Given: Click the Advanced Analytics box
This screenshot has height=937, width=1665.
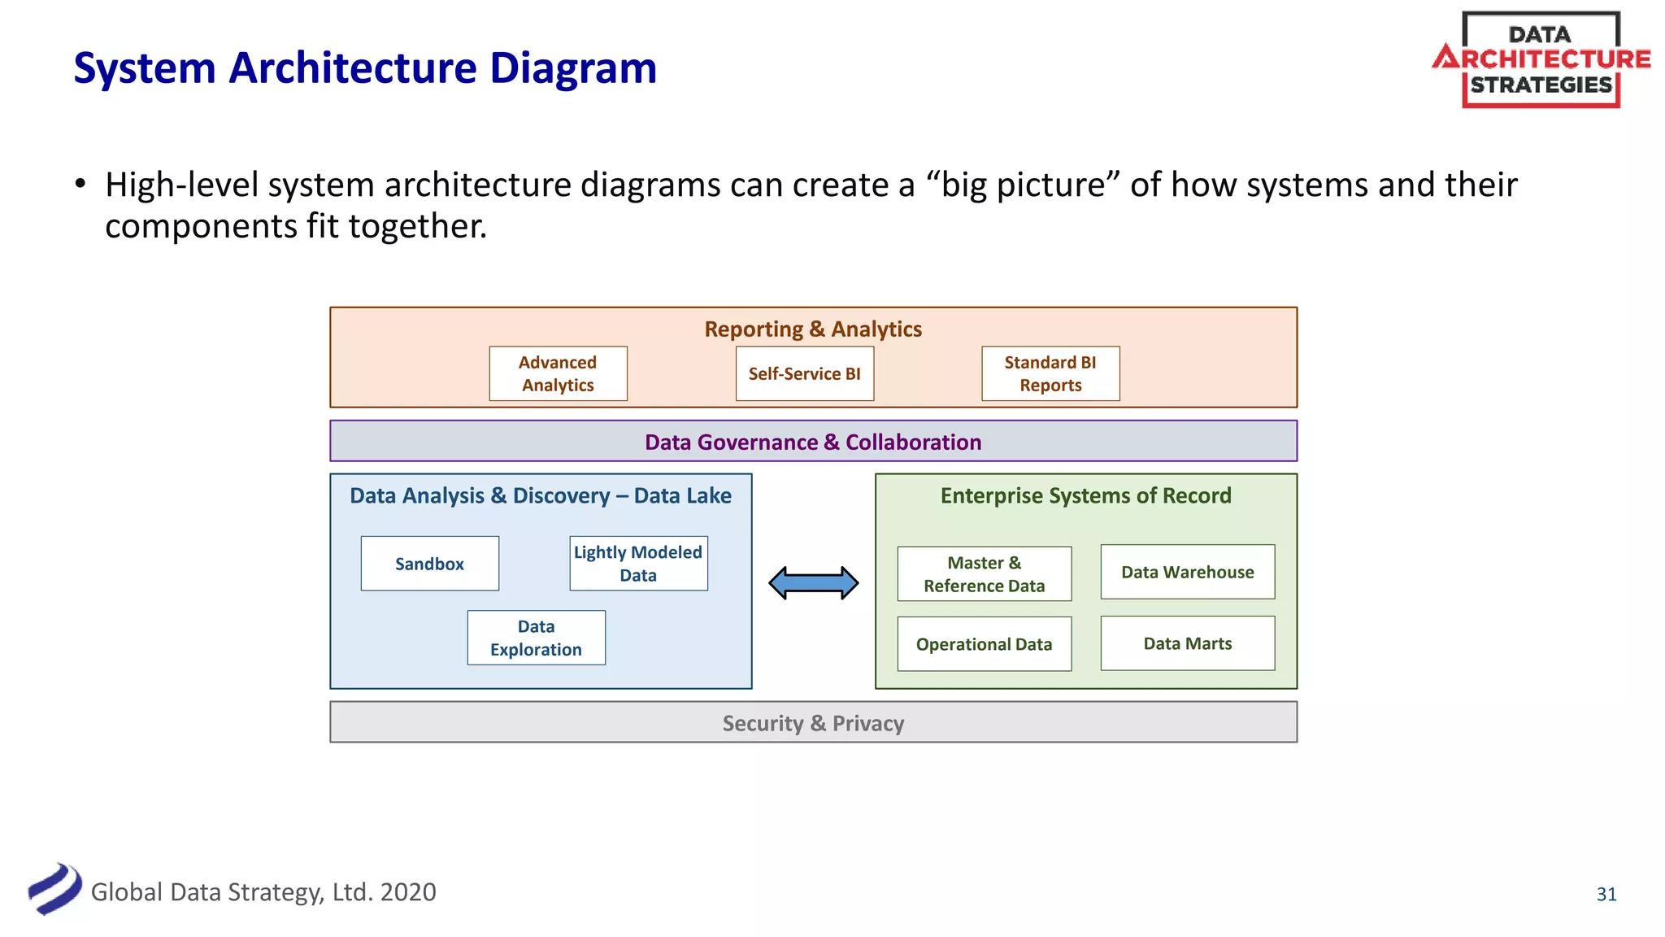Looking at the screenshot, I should point(558,373).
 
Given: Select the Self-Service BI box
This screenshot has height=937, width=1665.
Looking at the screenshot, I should point(804,373).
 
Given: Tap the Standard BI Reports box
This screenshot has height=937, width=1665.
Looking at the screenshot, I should point(1050,373).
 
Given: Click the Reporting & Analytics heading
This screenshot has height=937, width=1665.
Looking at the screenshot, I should point(813,329).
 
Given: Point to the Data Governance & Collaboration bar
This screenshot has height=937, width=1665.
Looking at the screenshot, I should point(813,442).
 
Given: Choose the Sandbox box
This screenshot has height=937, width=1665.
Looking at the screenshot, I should point(429,564).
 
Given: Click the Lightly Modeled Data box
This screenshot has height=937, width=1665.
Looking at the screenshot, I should point(638,564).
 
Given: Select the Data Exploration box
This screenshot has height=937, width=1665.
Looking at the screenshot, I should point(536,638).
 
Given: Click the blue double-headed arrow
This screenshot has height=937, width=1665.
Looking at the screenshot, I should point(814,582).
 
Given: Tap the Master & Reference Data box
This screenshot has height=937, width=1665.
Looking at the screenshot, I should point(984,573).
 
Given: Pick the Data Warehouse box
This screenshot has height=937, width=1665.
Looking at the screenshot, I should point(1187,572).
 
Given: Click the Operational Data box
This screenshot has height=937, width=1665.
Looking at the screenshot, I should point(984,643).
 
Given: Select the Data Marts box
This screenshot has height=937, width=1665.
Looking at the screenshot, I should point(1187,643).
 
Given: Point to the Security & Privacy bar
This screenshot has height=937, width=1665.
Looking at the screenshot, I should point(813,722).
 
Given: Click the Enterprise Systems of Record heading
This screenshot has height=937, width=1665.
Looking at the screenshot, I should point(1085,495).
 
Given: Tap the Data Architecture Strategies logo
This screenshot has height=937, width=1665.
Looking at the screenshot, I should point(1541,59).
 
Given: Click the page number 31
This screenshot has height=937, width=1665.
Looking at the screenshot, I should point(1606,894).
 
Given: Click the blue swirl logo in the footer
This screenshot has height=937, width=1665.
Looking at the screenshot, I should point(54,889).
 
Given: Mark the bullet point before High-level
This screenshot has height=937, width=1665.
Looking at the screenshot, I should point(80,185).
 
